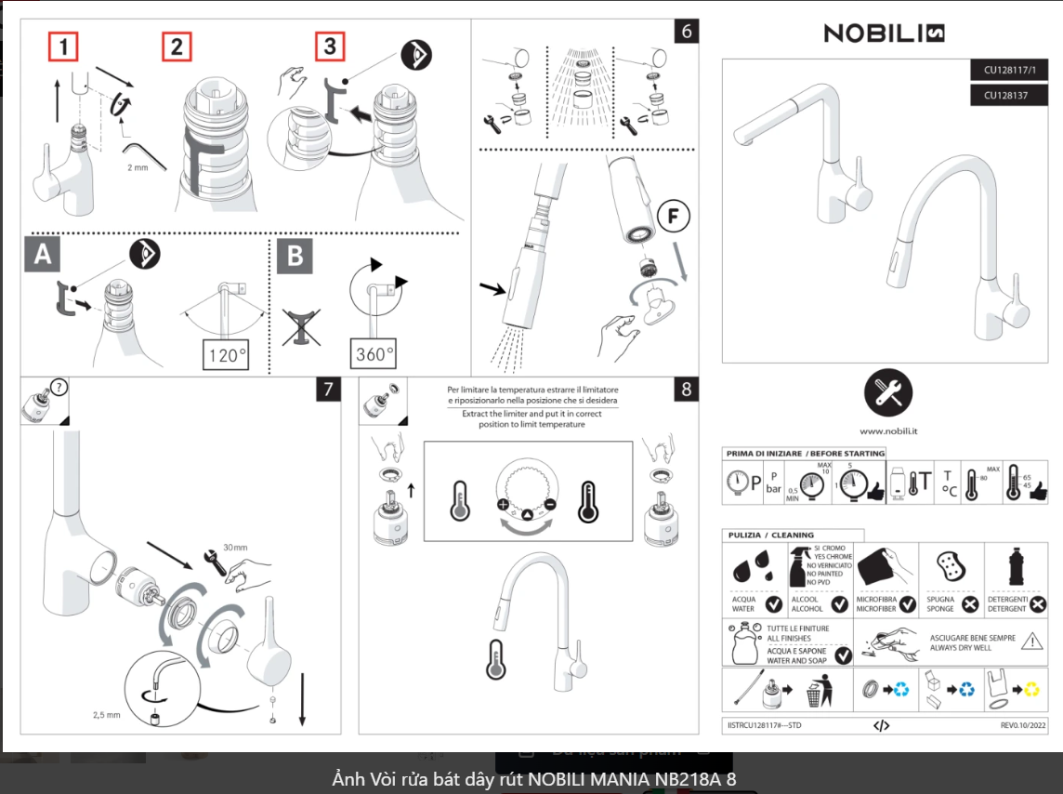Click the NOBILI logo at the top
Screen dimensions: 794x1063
pos(884,33)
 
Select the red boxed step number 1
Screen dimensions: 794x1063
pos(63,46)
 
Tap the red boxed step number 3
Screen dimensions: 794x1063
pos(329,46)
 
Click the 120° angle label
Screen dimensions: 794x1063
pos(227,354)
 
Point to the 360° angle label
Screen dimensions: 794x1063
pos(374,354)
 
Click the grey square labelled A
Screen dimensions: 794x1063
pos(43,254)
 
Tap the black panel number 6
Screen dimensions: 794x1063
pos(687,31)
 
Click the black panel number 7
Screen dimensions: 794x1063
pos(328,390)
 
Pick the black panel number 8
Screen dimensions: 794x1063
pos(687,390)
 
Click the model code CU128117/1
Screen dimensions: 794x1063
pos(1009,70)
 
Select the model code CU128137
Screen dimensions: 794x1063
pos(1009,94)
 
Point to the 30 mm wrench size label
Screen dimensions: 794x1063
pos(235,548)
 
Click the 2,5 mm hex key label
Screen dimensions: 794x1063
pos(107,715)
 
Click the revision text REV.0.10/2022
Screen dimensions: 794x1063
pos(1023,725)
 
